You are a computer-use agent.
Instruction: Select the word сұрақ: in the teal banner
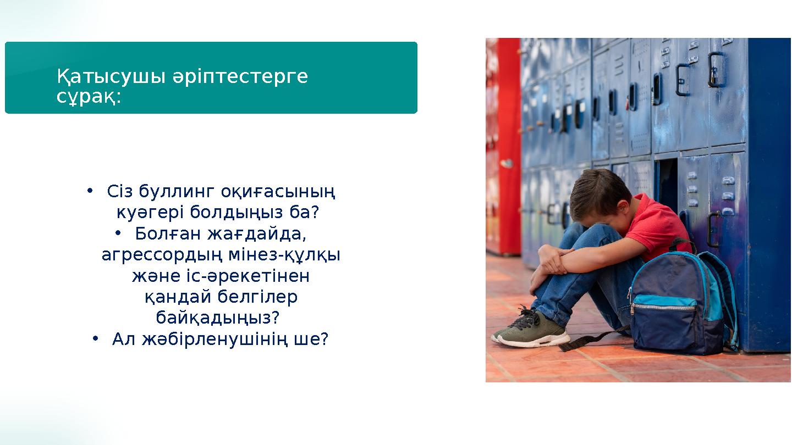pyautogui.click(x=89, y=97)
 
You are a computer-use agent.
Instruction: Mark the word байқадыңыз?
pyautogui.click(x=218, y=318)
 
